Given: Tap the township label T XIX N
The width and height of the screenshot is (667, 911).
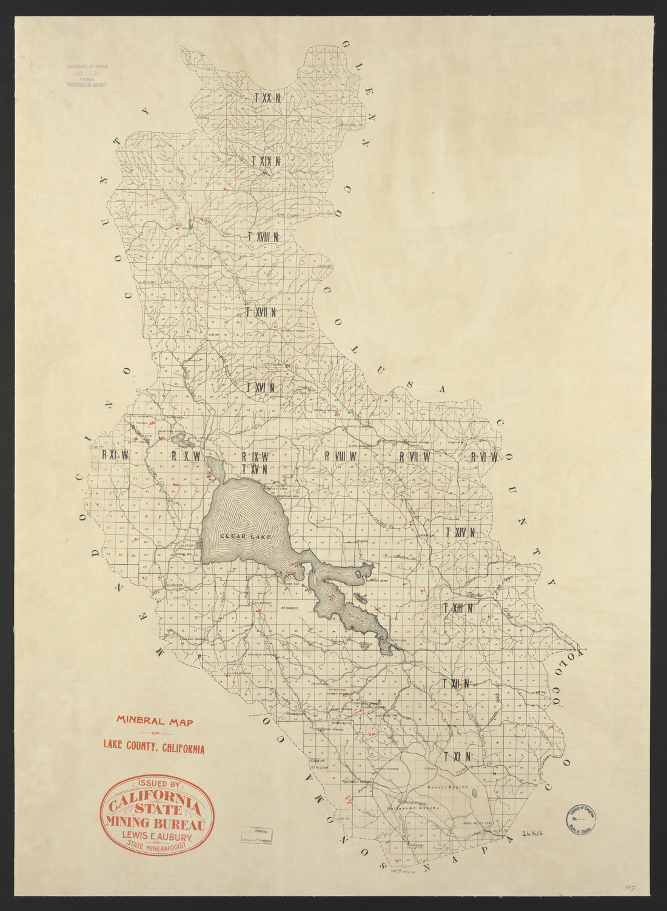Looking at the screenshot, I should click(266, 161).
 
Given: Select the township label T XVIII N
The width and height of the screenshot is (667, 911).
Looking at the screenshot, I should click(263, 237).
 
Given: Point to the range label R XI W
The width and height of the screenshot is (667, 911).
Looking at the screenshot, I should click(115, 455).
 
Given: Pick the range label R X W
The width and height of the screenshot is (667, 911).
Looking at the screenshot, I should click(186, 456).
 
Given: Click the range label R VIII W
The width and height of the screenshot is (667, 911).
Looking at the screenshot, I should click(341, 456).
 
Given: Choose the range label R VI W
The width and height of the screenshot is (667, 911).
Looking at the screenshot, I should click(484, 457).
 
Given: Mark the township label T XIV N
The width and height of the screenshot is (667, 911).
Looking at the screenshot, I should click(460, 533).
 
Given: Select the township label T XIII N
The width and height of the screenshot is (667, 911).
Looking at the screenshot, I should click(458, 608).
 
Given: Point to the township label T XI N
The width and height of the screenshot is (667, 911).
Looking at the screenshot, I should click(457, 756).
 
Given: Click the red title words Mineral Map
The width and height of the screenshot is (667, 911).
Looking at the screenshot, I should click(154, 722).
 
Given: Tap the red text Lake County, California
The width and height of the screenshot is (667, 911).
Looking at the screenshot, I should click(153, 747).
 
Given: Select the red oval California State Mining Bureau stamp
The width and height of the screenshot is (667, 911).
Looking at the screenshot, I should click(156, 814).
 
